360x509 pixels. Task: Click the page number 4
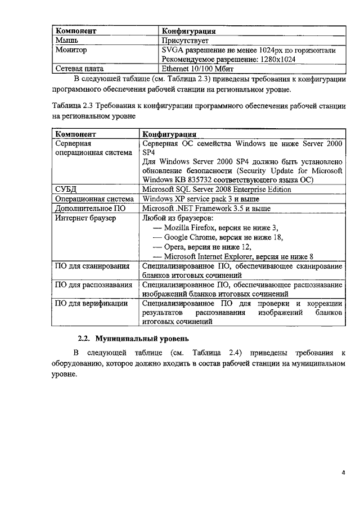[343, 472]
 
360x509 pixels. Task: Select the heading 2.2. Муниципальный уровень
[133, 339]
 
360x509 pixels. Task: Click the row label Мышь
[67, 40]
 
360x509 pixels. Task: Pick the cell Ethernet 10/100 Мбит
[197, 69]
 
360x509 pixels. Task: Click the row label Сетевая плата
[79, 69]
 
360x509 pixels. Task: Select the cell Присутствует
[185, 40]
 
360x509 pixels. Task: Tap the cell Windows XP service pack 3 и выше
[201, 199]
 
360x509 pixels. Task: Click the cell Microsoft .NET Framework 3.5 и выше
[206, 208]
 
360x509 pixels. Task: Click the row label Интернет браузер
[85, 218]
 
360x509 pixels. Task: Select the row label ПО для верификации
[91, 304]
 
